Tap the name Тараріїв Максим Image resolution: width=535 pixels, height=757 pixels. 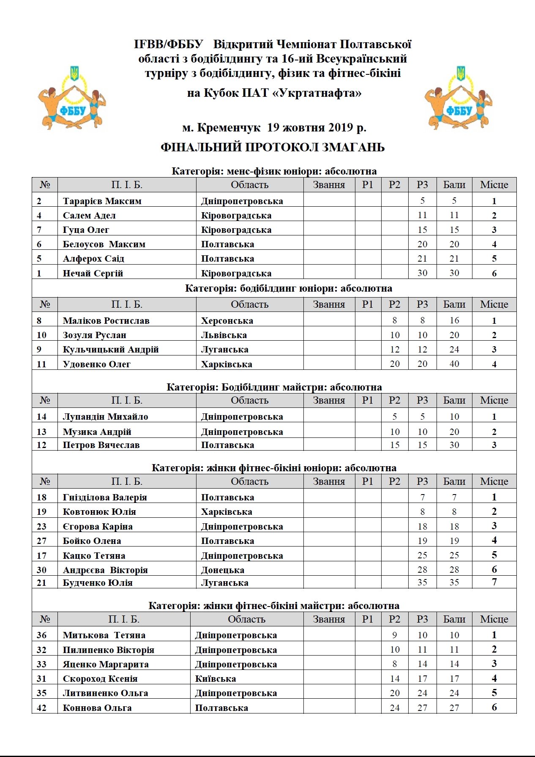(102, 201)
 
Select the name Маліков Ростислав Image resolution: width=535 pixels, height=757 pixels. (106, 321)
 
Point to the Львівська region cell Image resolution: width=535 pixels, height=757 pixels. (224, 335)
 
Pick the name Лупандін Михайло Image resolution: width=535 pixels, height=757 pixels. (105, 417)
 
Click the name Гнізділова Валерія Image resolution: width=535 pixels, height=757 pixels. (105, 497)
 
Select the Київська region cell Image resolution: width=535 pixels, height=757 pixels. (216, 679)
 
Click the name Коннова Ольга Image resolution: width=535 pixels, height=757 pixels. (97, 708)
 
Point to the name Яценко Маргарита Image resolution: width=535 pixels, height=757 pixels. (106, 664)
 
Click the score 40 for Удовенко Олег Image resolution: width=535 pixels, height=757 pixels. (454, 364)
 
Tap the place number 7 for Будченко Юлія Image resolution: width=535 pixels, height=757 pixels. (494, 582)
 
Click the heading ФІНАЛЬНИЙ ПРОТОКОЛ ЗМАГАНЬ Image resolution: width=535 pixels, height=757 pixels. (273, 148)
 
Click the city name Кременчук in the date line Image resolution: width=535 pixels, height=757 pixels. (229, 128)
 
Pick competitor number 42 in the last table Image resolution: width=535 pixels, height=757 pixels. (41, 708)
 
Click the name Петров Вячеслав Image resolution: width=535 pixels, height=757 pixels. (101, 445)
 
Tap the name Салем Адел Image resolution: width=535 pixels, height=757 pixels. (89, 216)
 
